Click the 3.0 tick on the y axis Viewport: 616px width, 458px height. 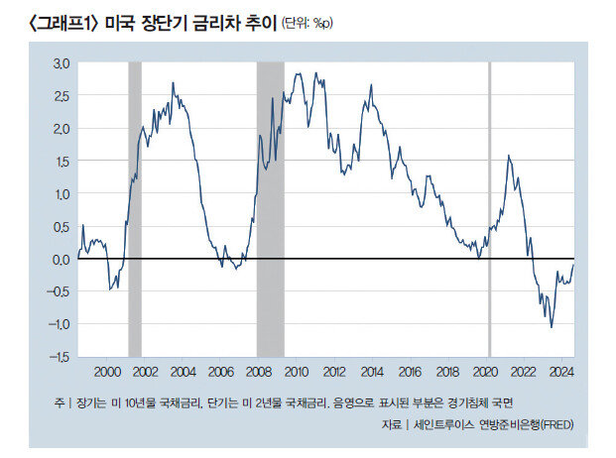(62, 62)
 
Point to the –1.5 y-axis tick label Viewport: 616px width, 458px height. (60, 356)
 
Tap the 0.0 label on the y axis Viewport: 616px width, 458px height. (62, 259)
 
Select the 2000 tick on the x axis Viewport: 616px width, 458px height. (106, 371)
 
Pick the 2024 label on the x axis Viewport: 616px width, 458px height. (562, 371)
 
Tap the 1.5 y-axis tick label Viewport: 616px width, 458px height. (62, 161)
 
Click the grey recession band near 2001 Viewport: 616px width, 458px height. (135, 208)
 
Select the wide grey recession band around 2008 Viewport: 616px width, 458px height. (271, 208)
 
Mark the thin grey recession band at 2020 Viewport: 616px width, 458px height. (489, 208)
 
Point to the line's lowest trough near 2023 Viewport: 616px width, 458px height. (551, 326)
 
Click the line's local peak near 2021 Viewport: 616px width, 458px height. (509, 156)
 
